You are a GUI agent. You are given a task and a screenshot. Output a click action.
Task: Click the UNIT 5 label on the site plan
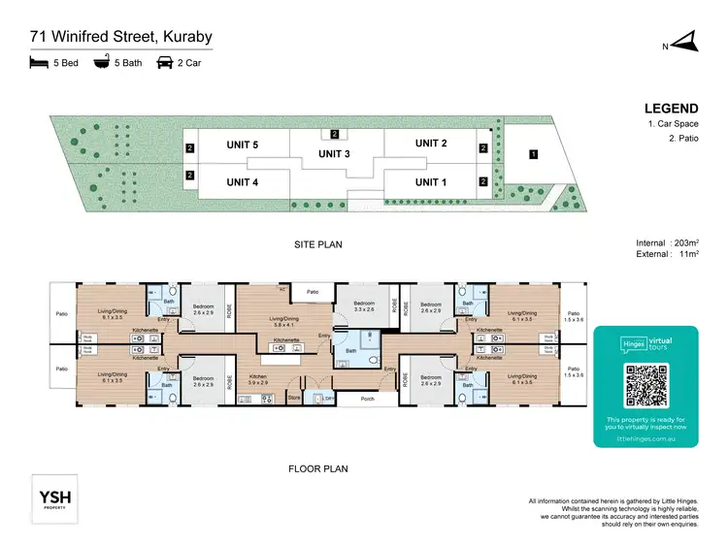coord(243,145)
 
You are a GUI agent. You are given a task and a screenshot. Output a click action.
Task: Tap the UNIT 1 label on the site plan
coord(431,181)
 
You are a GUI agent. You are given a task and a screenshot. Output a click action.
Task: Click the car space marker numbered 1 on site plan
coord(532,154)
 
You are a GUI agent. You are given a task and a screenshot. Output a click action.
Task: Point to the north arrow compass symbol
coord(684,42)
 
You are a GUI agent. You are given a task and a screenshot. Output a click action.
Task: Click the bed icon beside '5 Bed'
coord(40,63)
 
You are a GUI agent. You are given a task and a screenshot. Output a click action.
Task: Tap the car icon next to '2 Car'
coord(165,63)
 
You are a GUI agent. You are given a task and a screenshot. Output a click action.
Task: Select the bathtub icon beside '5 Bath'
coord(101,63)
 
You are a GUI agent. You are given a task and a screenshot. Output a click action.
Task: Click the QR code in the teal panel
coord(645,386)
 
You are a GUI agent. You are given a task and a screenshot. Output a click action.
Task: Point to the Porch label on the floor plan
coord(367,398)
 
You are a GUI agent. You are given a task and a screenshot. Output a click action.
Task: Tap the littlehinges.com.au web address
coord(645,438)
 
